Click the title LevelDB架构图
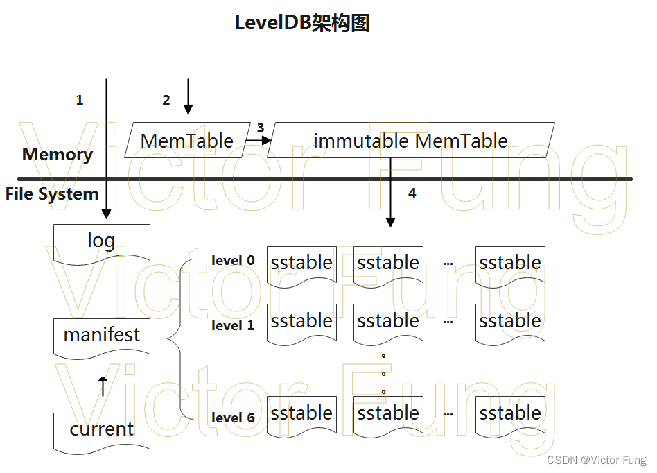pyautogui.click(x=302, y=23)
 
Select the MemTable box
pyautogui.click(x=187, y=141)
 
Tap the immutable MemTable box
pyautogui.click(x=410, y=141)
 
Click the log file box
pyautogui.click(x=101, y=241)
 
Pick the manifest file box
pyautogui.click(x=101, y=336)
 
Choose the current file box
pyautogui.click(x=101, y=429)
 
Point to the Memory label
pyautogui.click(x=58, y=154)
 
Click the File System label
pyautogui.click(x=52, y=194)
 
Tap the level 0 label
pyautogui.click(x=233, y=261)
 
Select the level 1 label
pyautogui.click(x=233, y=325)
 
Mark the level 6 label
pyautogui.click(x=233, y=418)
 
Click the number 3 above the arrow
pyautogui.click(x=260, y=128)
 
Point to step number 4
pyautogui.click(x=412, y=193)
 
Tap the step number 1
pyautogui.click(x=80, y=100)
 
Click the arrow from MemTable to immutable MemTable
pyautogui.click(x=258, y=141)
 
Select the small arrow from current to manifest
pyautogui.click(x=103, y=386)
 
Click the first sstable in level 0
pyautogui.click(x=301, y=264)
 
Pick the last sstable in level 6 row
pyautogui.click(x=510, y=414)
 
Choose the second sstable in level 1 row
pyautogui.click(x=388, y=322)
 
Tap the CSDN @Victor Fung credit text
pyautogui.click(x=596, y=461)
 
